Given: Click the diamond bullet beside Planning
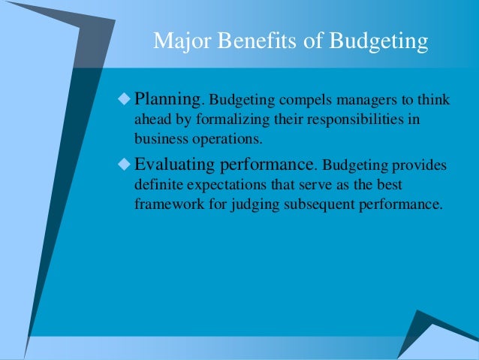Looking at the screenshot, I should (124, 98).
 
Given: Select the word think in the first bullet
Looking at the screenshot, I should (431, 100).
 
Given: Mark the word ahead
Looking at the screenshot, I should (152, 119).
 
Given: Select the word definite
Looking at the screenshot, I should (157, 183).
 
